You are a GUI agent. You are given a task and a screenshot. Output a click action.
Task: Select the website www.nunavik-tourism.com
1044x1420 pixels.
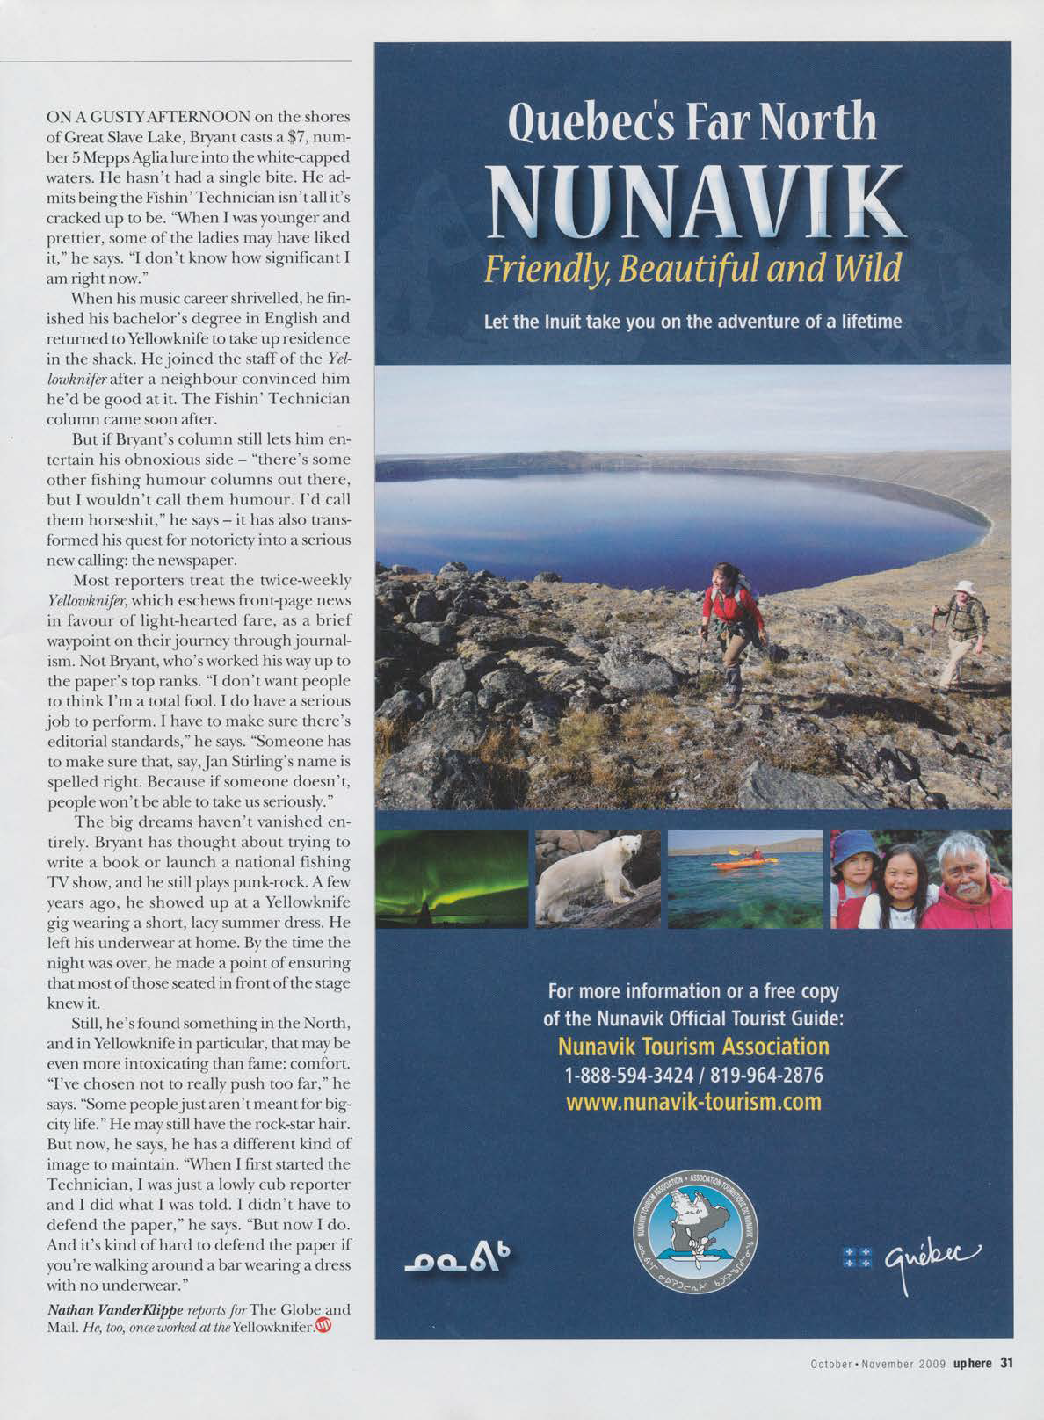[693, 1101]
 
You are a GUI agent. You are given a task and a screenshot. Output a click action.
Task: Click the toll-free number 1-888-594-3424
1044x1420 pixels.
[620, 1075]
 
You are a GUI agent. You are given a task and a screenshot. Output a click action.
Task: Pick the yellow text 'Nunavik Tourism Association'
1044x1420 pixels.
[693, 1047]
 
